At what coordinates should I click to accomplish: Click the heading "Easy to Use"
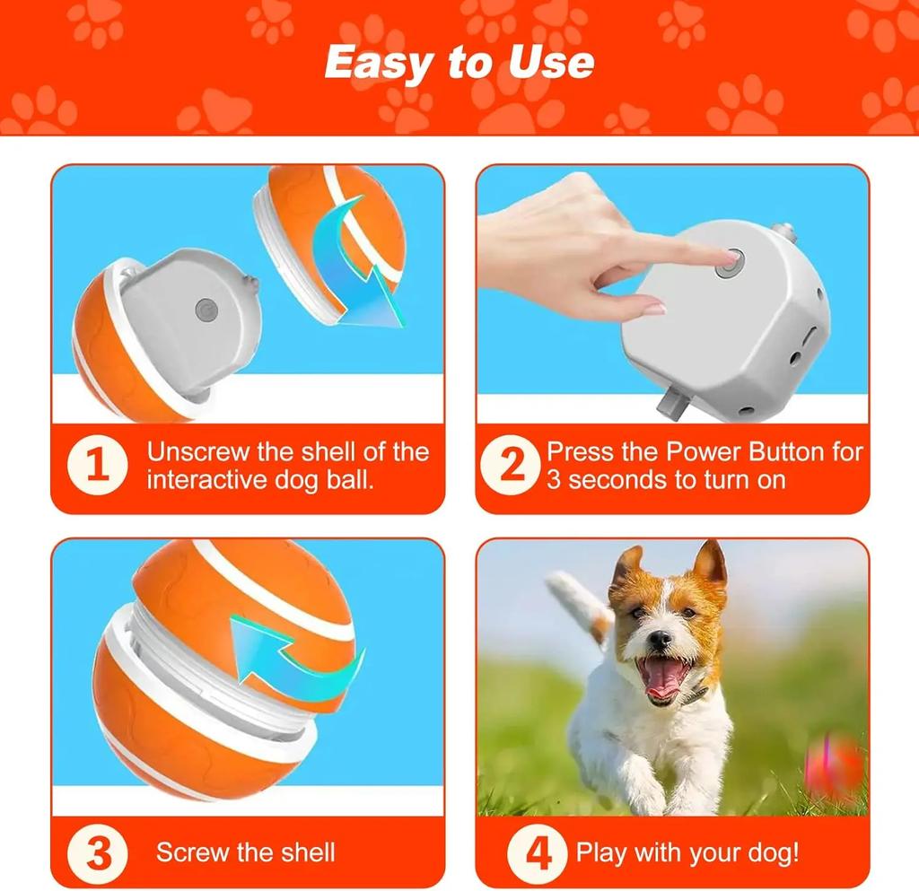pos(459,62)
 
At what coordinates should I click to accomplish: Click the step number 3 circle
pos(98,853)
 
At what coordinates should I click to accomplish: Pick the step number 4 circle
pos(538,853)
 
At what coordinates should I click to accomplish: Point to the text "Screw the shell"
pos(246,852)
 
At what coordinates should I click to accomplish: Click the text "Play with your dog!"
pos(687,852)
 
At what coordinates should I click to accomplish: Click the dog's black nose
pos(660,639)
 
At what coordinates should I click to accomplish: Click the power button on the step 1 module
pos(206,310)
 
